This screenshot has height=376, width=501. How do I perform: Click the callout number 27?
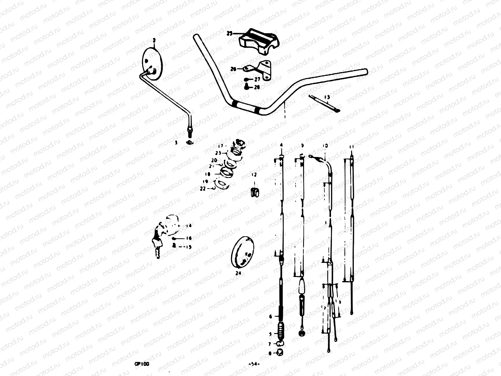(257, 80)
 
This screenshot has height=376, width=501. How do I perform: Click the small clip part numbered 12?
(255, 192)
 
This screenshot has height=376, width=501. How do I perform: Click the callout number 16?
(189, 238)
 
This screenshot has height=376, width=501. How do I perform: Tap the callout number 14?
(189, 226)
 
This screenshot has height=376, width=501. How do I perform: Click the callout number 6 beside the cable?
(271, 316)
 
